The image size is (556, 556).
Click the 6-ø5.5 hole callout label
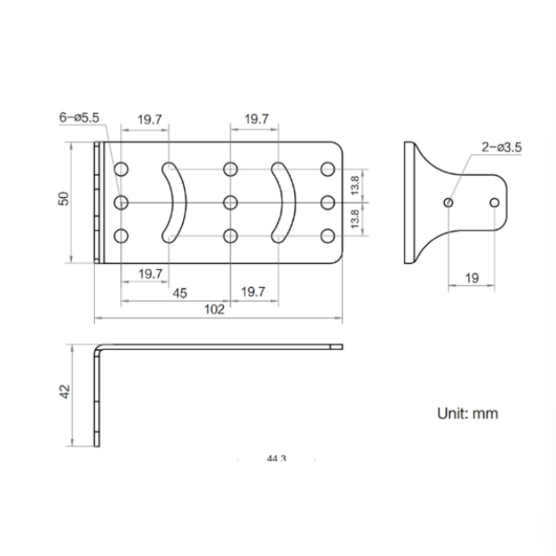click(x=84, y=118)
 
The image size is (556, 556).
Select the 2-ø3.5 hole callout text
click(x=502, y=148)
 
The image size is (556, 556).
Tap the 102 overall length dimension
click(x=214, y=310)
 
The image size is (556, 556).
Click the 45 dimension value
click(x=179, y=293)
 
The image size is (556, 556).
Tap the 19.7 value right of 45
click(x=254, y=293)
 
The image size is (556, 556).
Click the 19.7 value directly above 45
click(x=150, y=274)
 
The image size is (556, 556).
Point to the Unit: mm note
click(x=466, y=413)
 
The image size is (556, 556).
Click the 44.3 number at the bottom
click(x=276, y=460)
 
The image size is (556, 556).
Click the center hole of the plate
click(x=230, y=202)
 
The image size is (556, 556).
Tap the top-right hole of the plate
click(x=327, y=169)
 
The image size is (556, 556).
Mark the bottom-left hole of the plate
click(x=122, y=236)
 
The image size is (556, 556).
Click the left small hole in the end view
click(x=449, y=202)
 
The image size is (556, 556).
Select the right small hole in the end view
click(x=495, y=202)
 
